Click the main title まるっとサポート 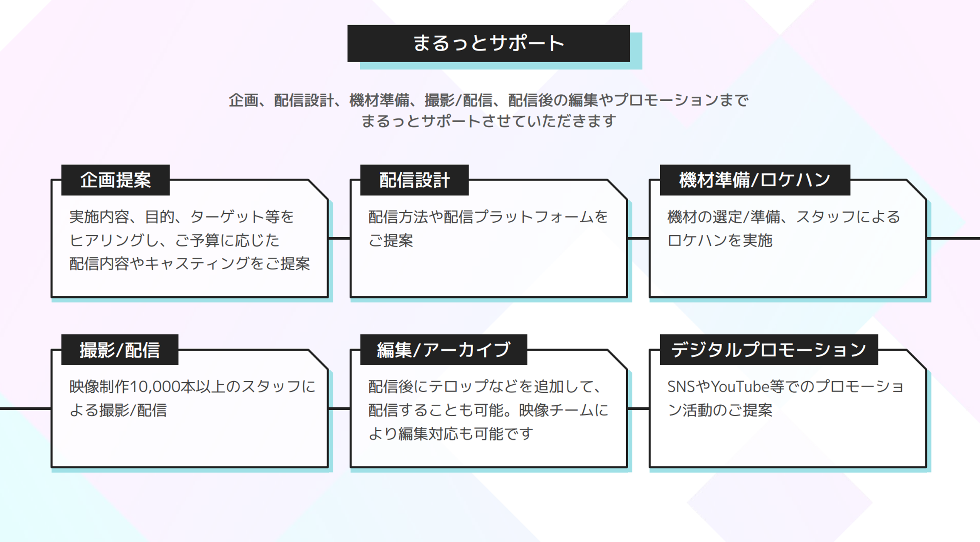tap(489, 43)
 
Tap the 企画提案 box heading tap(116, 180)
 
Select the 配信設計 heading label tap(414, 180)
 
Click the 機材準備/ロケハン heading tap(754, 180)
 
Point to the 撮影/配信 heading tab tap(120, 350)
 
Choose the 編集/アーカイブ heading tap(443, 350)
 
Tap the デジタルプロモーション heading tap(768, 350)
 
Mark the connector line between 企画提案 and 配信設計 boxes tap(339, 238)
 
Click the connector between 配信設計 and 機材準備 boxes tap(638, 238)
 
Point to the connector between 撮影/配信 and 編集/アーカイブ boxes tap(339, 409)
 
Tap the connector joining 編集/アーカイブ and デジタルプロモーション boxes tap(638, 409)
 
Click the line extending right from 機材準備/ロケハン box tap(954, 238)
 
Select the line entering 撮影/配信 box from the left tap(25, 409)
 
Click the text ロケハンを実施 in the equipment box tap(720, 241)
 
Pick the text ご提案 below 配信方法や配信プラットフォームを tap(390, 241)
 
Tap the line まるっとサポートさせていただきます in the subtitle tap(489, 122)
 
